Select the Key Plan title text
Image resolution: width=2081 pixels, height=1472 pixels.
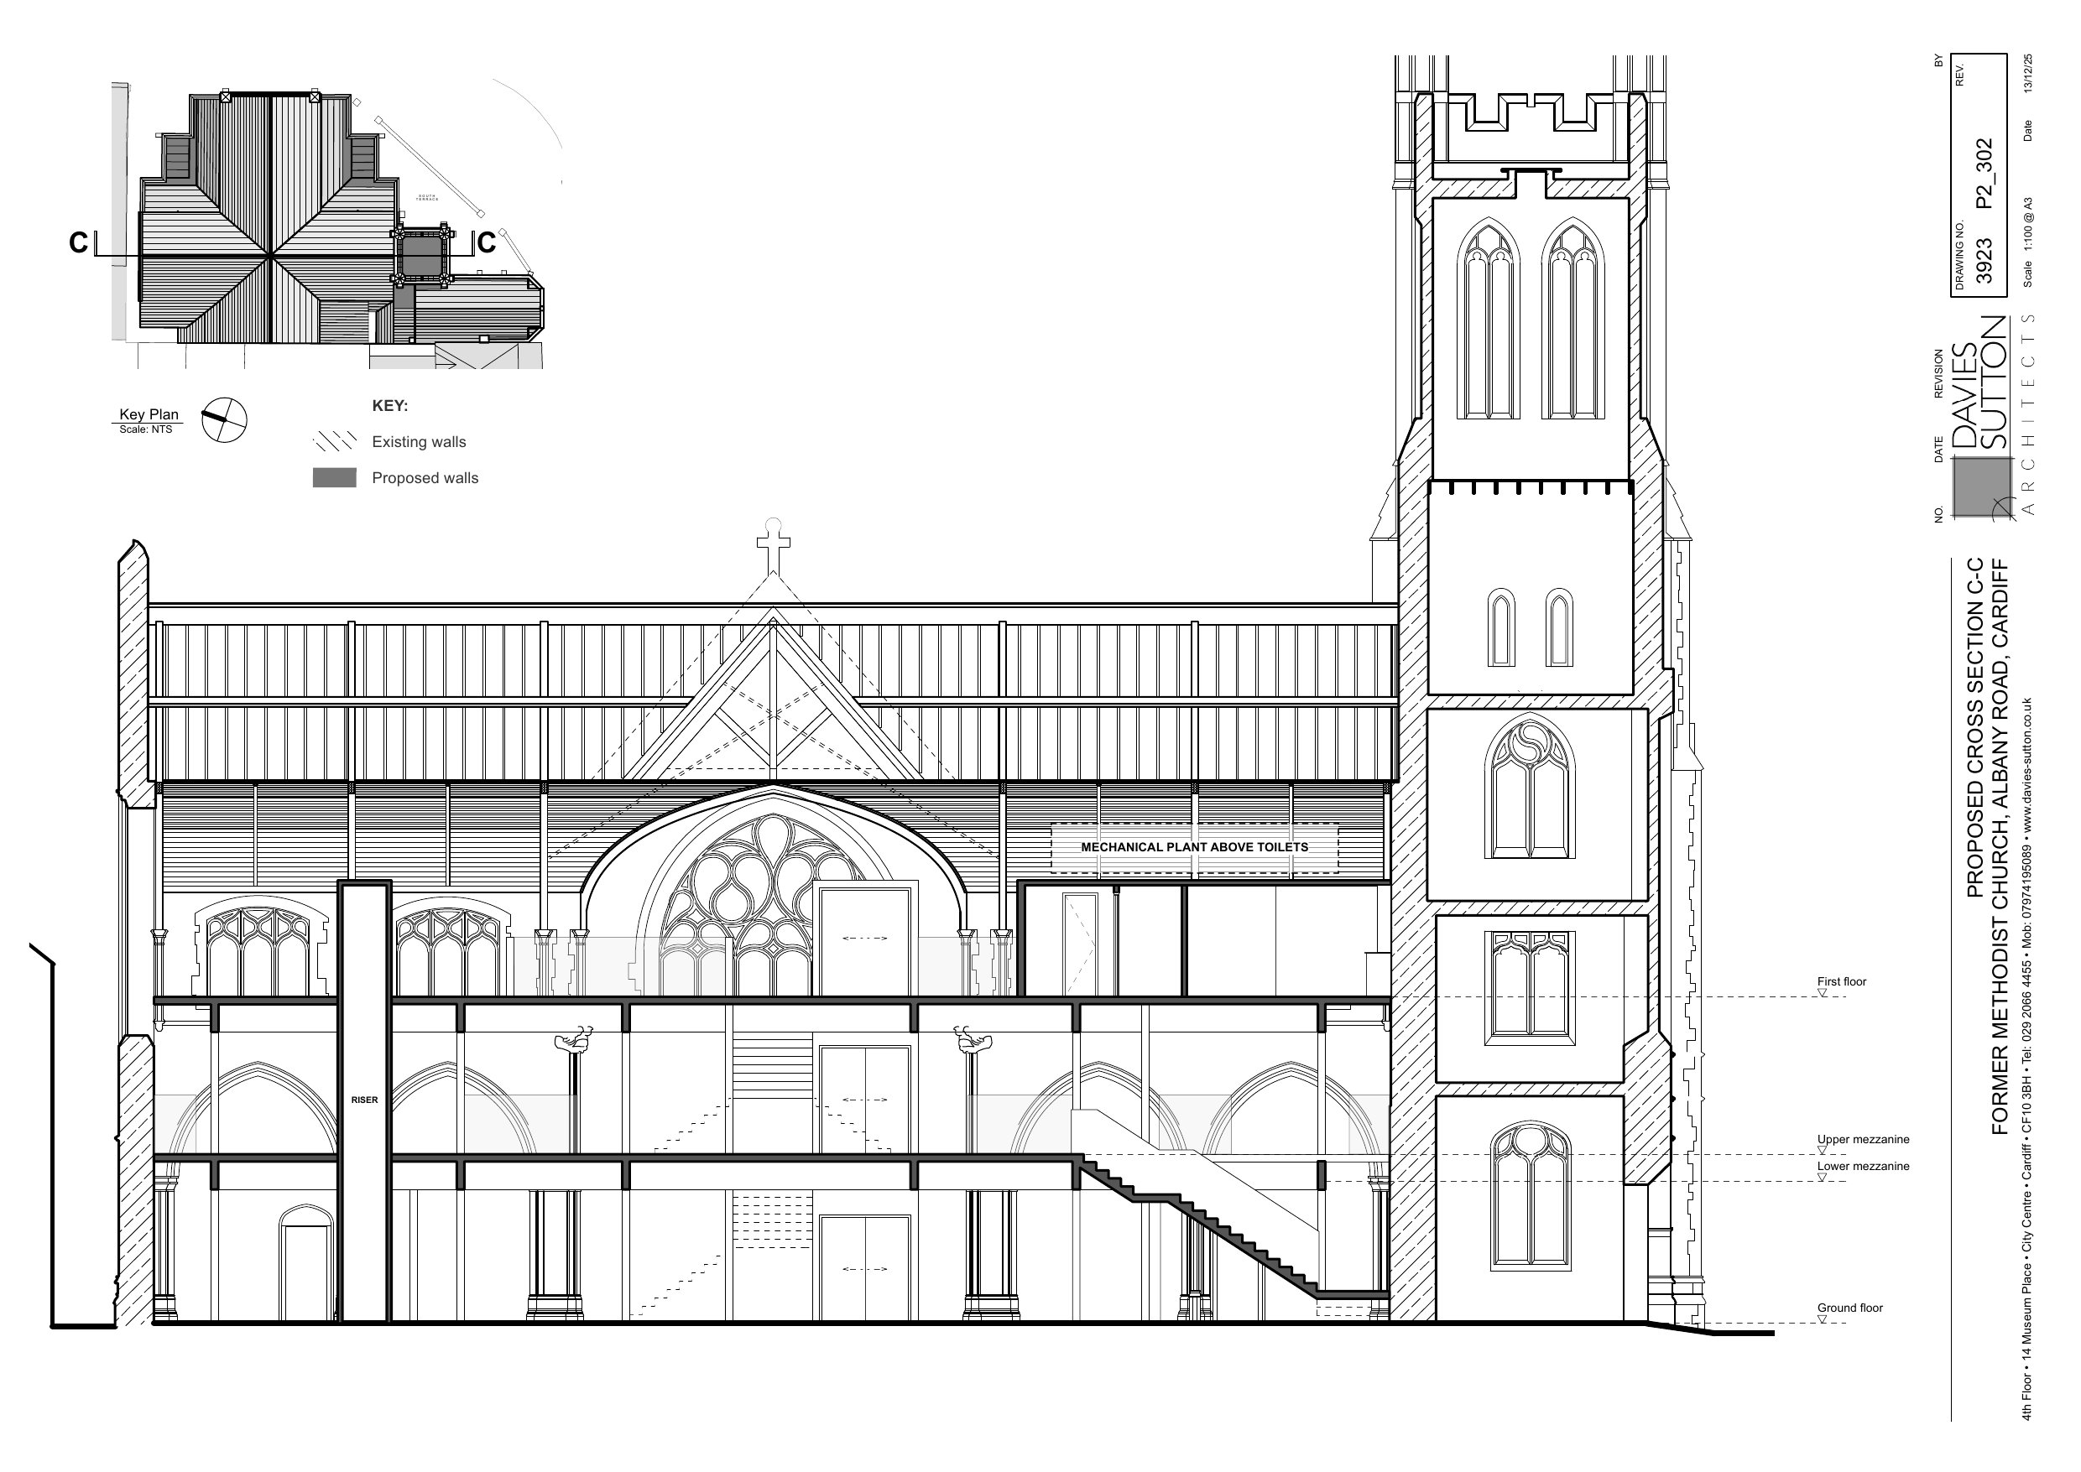pyautogui.click(x=149, y=415)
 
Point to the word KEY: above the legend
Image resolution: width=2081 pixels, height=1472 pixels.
pyautogui.click(x=390, y=406)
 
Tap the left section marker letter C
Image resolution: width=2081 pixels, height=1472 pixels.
pyautogui.click(x=79, y=243)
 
